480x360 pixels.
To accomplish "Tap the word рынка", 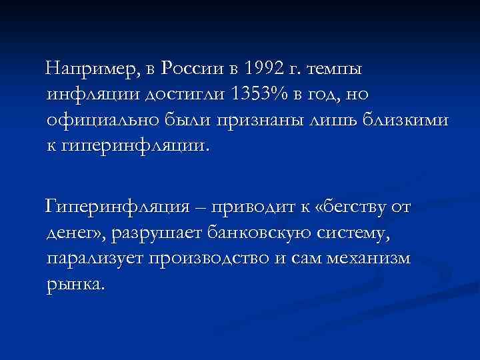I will coord(76,285).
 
